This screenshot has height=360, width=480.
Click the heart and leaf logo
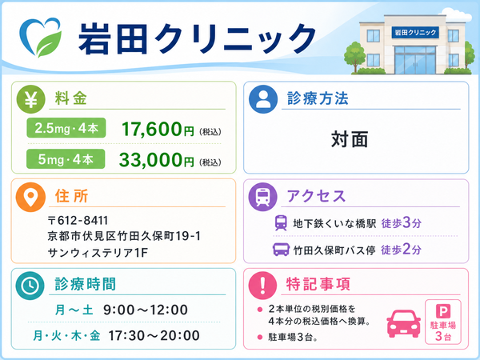[x=40, y=38]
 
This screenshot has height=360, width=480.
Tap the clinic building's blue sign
[x=415, y=32]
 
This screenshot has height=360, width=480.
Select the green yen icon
[x=30, y=99]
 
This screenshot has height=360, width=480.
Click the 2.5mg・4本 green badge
[x=66, y=128]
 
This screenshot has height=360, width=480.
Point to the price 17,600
[x=152, y=129]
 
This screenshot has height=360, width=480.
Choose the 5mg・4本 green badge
[x=66, y=159]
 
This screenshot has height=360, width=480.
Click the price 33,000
[x=150, y=160]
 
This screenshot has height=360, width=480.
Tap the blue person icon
[x=263, y=99]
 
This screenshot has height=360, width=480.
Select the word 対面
[x=350, y=139]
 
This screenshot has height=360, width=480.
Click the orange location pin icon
[x=30, y=197]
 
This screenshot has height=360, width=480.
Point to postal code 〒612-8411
[x=78, y=221]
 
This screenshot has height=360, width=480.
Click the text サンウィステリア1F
[x=98, y=253]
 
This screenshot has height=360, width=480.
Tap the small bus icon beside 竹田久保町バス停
[x=281, y=250]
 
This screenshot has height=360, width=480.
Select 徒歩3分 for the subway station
[x=402, y=223]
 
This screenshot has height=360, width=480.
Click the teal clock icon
[x=30, y=286]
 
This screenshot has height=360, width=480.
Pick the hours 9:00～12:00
[x=146, y=310]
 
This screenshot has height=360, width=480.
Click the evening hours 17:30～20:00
[x=154, y=335]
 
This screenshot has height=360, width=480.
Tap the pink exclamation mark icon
[x=262, y=286]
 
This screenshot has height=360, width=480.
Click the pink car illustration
[x=404, y=323]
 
